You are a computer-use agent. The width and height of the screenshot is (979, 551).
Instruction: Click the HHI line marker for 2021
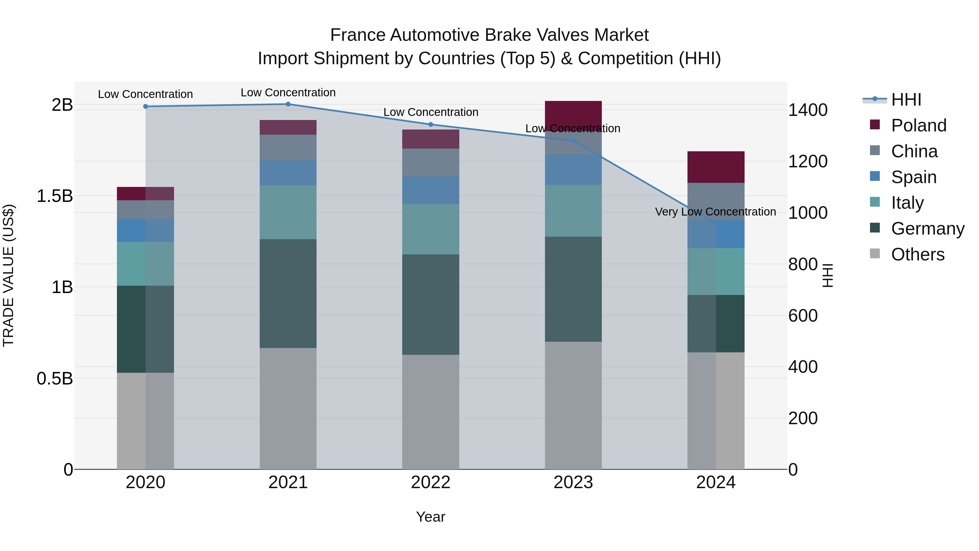pyautogui.click(x=288, y=104)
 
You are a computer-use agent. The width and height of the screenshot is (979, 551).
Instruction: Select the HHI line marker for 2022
pyautogui.click(x=430, y=124)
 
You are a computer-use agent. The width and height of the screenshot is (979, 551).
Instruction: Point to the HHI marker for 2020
pyautogui.click(x=145, y=106)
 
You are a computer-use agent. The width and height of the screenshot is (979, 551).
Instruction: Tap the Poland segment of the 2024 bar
pyautogui.click(x=716, y=167)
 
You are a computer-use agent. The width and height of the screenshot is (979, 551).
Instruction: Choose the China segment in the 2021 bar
pyautogui.click(x=288, y=147)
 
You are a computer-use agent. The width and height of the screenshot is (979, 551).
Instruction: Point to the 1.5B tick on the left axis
pyautogui.click(x=54, y=196)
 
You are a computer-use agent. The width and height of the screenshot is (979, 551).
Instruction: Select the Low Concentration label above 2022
pyautogui.click(x=430, y=112)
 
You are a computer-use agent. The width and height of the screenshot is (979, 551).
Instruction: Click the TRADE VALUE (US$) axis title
pyautogui.click(x=8, y=275)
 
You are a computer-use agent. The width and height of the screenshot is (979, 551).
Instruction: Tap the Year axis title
pyautogui.click(x=430, y=517)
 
